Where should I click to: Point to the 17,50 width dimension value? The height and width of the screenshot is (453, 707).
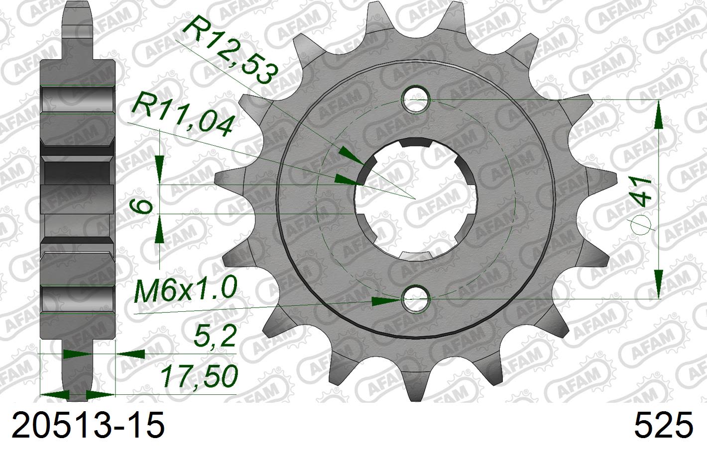click(199, 376)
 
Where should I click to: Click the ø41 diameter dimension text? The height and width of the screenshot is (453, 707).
click(642, 204)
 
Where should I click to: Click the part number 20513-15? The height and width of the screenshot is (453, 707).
click(88, 426)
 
